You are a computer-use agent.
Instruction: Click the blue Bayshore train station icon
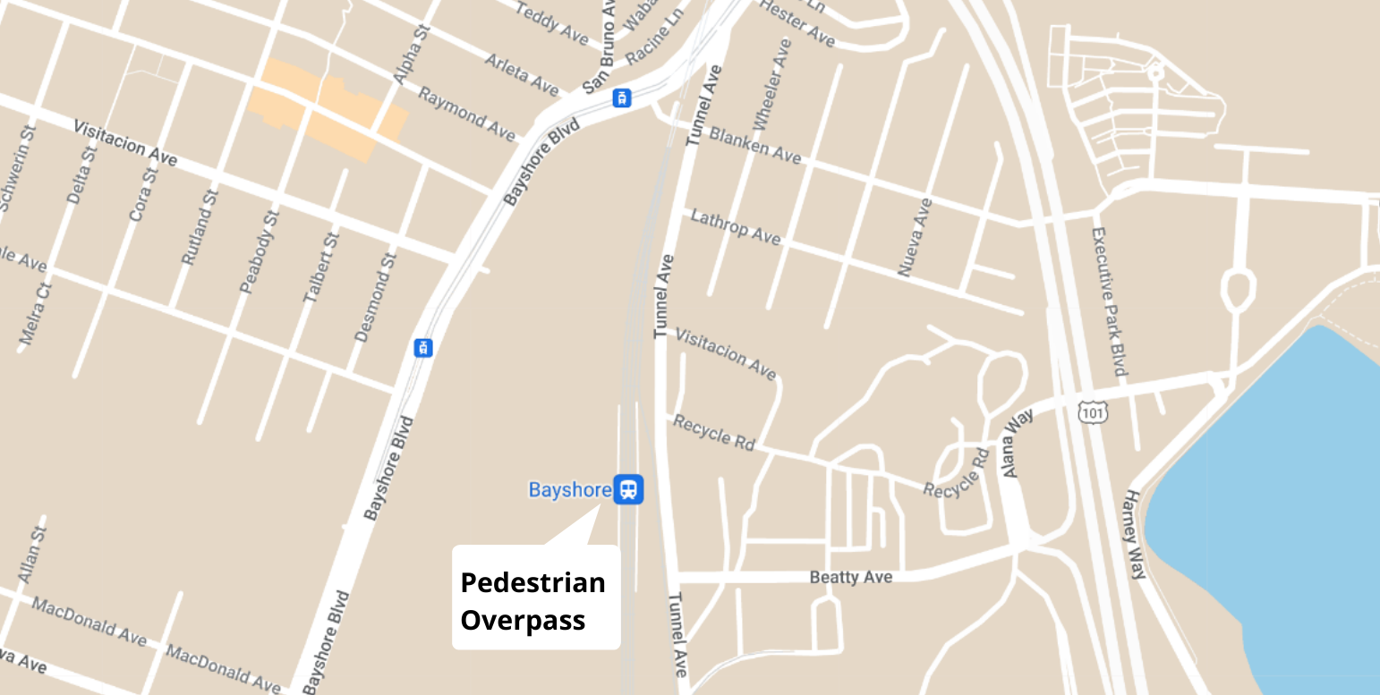pos(628,489)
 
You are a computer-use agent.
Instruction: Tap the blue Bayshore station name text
pos(570,490)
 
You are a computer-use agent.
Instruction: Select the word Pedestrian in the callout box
pos(532,582)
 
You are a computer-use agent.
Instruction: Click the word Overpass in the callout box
pos(523,620)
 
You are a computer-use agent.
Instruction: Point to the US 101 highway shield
pos(1093,412)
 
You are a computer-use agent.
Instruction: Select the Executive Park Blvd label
pos(1109,301)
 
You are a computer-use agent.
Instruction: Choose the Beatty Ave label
pos(850,577)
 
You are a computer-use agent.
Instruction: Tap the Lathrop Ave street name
pos(736,227)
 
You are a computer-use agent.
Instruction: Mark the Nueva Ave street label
pos(916,237)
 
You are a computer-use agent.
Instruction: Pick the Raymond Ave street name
pos(467,114)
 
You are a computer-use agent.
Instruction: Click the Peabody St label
pos(260,252)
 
